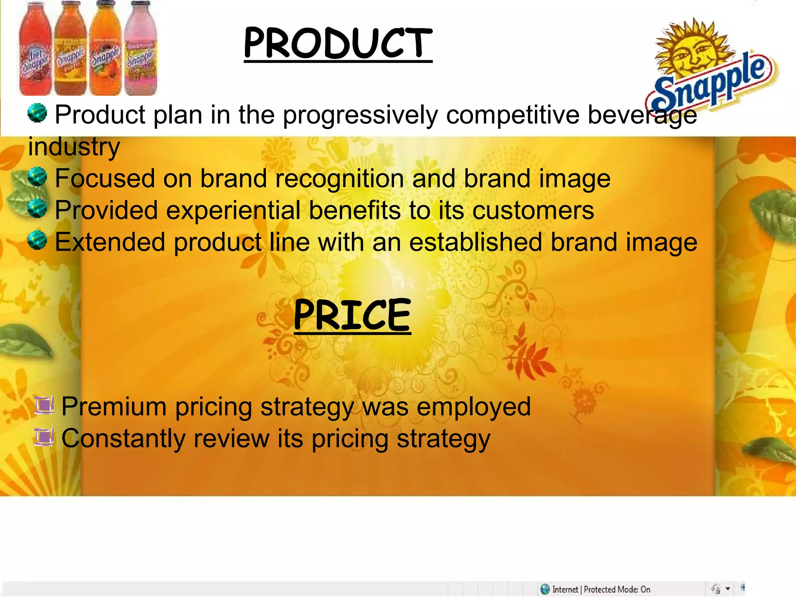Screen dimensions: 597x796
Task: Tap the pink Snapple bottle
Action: (x=141, y=51)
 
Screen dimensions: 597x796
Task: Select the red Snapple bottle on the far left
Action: (x=35, y=51)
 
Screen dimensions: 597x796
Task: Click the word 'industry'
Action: (x=74, y=147)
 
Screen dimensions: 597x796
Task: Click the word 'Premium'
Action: (x=114, y=407)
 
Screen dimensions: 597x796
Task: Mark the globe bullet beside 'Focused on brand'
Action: (x=37, y=177)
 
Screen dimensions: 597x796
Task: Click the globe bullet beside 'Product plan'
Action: (x=37, y=113)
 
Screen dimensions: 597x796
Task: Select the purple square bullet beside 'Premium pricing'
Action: (x=44, y=405)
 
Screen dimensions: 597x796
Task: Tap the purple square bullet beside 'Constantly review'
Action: (x=44, y=437)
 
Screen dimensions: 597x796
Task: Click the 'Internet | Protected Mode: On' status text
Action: (x=601, y=589)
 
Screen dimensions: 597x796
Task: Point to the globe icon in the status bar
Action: (x=545, y=589)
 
